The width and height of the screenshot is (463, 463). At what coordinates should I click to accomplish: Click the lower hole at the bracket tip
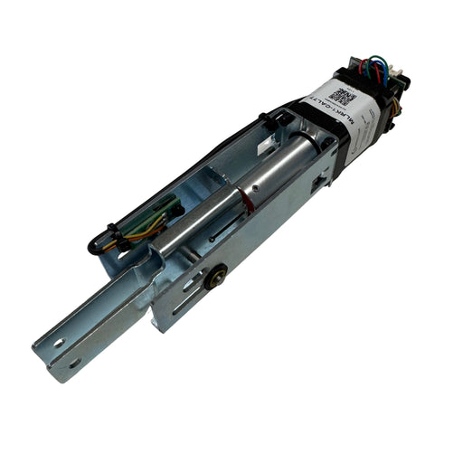click(x=73, y=363)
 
